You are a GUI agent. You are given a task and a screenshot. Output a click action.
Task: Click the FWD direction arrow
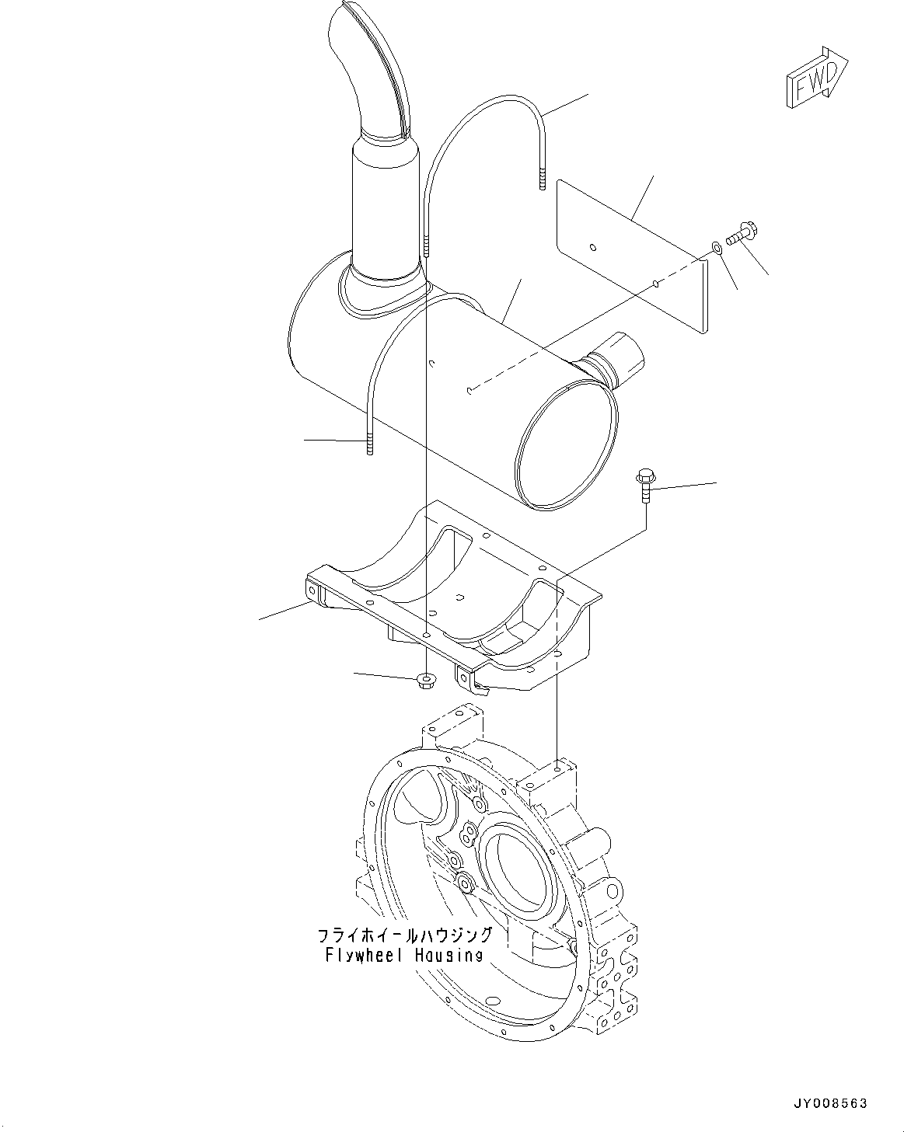coord(815,78)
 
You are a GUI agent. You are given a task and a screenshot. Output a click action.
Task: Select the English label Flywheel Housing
coord(403,955)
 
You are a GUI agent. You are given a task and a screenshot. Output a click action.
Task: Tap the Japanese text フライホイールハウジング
coord(404,935)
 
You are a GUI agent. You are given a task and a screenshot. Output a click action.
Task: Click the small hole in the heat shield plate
coord(593,248)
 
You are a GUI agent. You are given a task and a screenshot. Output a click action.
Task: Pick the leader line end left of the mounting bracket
coord(260,619)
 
